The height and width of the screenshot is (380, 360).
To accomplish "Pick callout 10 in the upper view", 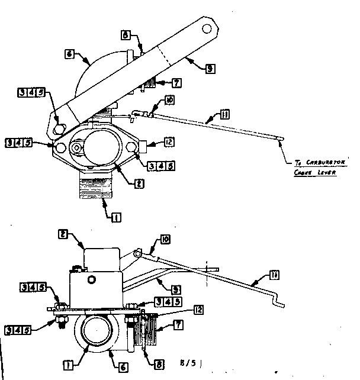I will click(169, 101).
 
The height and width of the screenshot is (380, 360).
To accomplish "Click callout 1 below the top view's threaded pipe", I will click(116, 217).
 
